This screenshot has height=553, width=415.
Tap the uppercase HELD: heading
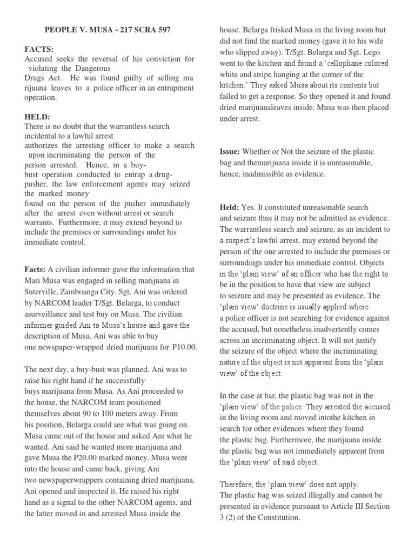pyautogui.click(x=37, y=117)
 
